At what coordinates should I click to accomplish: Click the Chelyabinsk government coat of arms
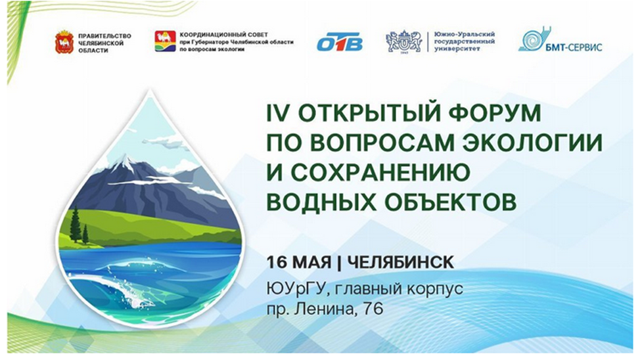64,42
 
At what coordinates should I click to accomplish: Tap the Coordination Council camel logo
165,41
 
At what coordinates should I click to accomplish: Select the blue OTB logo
340,41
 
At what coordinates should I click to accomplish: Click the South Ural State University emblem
403,41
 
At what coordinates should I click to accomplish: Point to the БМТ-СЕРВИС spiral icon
534,38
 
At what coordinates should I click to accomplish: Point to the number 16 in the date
277,262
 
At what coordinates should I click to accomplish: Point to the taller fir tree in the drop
75,225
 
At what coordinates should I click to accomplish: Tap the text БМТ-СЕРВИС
574,47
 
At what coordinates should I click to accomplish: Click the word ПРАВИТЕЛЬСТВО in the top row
104,36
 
